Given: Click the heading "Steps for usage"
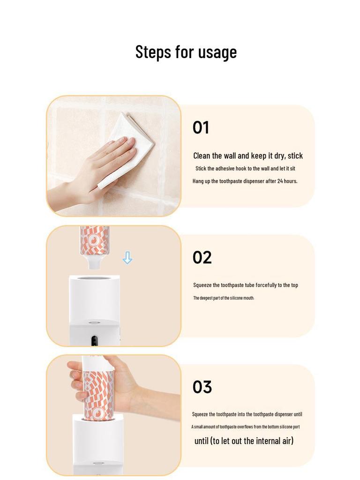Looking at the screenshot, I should tap(186, 52).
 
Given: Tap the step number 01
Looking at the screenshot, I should tap(201, 127).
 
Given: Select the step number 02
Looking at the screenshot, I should tap(202, 257).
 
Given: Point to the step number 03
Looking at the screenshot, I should tap(202, 387).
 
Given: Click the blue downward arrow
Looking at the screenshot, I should tap(127, 258).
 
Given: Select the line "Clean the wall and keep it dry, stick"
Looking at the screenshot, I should tap(248, 156).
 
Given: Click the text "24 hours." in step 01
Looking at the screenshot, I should tap(287, 181).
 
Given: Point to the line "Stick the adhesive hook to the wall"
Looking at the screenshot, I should tap(245, 168).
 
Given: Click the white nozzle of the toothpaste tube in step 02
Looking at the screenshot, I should tap(94, 263).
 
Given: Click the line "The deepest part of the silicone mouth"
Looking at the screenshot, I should tap(223, 298).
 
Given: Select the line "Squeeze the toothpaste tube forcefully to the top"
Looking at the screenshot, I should tap(245, 285).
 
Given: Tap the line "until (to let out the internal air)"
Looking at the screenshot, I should tap(244, 441).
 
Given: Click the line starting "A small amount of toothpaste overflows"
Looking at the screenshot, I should tap(245, 427).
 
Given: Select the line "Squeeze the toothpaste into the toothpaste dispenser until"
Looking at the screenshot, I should tap(247, 414).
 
